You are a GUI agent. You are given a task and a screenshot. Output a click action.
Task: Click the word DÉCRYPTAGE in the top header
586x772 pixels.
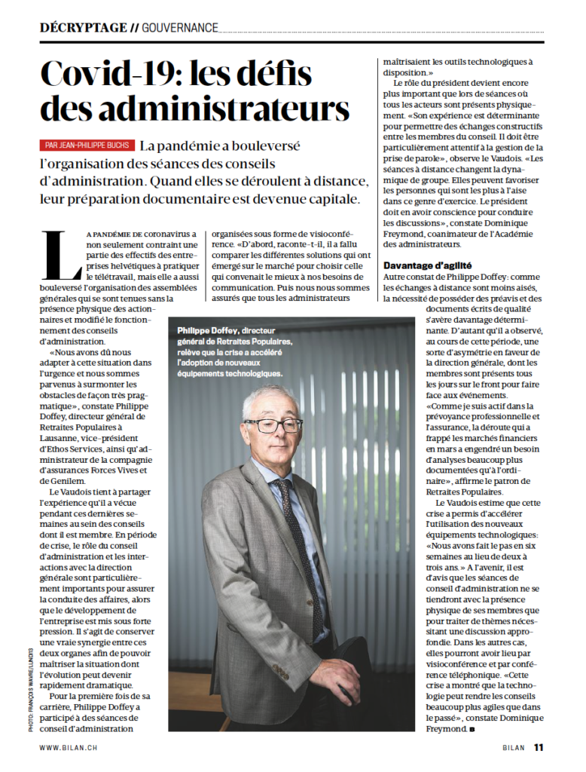point(83,28)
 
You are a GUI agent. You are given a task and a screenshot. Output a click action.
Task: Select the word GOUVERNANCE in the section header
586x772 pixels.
point(180,29)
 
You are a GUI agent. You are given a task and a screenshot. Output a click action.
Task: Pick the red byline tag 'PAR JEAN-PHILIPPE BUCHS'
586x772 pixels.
point(87,145)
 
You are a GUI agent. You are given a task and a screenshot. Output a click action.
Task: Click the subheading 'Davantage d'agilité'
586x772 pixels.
point(427,265)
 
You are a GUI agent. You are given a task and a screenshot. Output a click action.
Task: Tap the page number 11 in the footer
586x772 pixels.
point(539,747)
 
